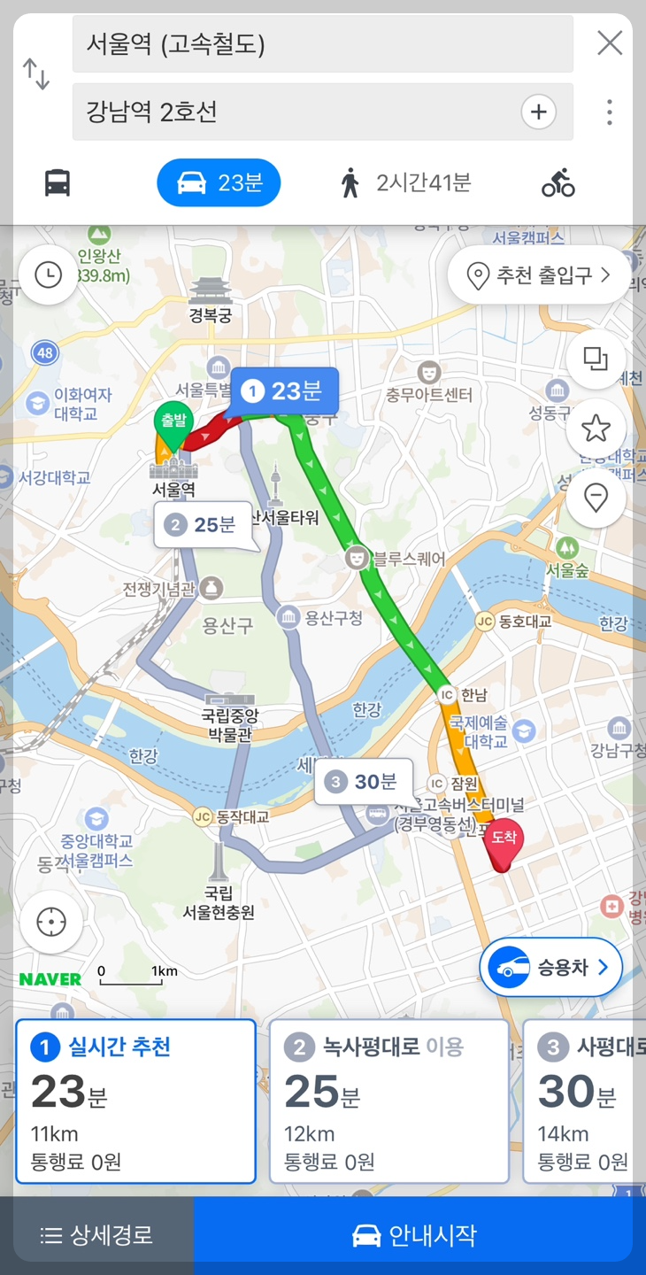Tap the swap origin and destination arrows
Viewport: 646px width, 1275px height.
click(36, 74)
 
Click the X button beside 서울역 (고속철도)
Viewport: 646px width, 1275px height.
click(609, 42)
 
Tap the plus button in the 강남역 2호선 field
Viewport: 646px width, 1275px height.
click(538, 112)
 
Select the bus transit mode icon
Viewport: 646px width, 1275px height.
click(58, 183)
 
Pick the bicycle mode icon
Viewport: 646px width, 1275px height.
click(558, 183)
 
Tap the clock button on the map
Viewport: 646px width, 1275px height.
click(48, 275)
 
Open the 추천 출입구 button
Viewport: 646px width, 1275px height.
click(540, 275)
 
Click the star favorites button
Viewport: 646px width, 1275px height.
click(596, 429)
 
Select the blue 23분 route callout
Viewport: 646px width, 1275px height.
click(284, 391)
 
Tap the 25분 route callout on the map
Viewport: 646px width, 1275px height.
click(204, 525)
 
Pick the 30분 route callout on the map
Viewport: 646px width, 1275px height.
click(363, 782)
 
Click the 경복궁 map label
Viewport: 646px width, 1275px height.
click(211, 315)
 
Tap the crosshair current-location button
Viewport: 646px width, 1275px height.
click(51, 922)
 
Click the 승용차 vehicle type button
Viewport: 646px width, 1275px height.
click(550, 968)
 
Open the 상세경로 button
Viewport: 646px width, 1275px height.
click(97, 1235)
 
